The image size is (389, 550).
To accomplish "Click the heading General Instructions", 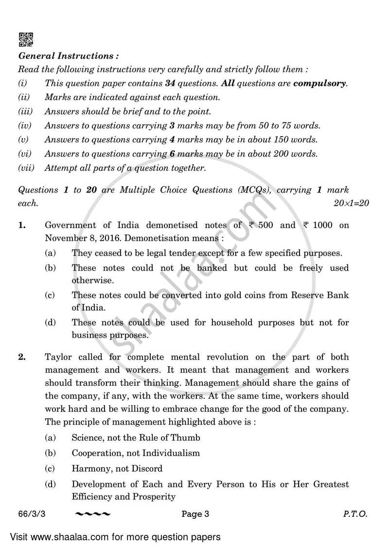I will click(x=68, y=56).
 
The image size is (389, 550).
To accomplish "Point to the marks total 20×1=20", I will click(x=351, y=203).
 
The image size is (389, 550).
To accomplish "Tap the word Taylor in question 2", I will click(x=58, y=357).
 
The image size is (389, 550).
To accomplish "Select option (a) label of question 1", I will click(x=50, y=253).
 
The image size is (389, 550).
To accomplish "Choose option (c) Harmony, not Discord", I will click(x=117, y=469).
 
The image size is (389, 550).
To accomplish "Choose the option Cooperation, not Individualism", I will click(x=136, y=453).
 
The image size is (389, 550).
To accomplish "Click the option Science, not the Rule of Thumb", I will click(x=136, y=438).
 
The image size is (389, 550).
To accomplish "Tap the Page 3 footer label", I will click(x=195, y=514).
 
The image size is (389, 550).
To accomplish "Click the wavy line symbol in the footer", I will click(x=93, y=514).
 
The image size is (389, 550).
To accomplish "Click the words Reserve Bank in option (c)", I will click(x=322, y=295).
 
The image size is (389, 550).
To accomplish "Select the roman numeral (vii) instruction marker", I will click(x=27, y=168).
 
